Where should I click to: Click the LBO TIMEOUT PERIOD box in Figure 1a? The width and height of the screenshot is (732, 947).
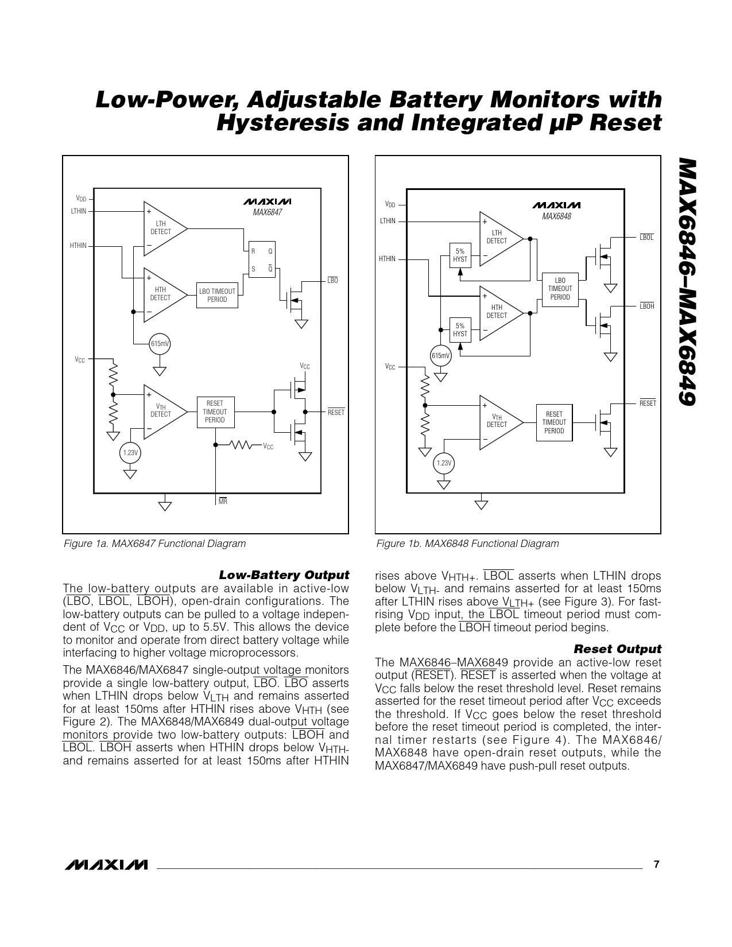pyautogui.click(x=217, y=295)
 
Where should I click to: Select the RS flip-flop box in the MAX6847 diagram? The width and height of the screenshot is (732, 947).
pyautogui.click(x=261, y=259)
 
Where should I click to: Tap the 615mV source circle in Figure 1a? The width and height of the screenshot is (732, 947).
pyautogui.click(x=160, y=344)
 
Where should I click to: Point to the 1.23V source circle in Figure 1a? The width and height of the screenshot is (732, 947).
pyautogui.click(x=130, y=453)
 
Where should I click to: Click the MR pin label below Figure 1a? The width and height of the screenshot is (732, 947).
pyautogui.click(x=223, y=502)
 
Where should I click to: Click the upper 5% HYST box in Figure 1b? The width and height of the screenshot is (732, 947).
pyautogui.click(x=460, y=255)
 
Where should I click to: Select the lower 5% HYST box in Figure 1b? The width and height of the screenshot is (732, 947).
pyautogui.click(x=460, y=330)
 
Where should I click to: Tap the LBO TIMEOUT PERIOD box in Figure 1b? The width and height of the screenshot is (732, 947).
pyautogui.click(x=560, y=289)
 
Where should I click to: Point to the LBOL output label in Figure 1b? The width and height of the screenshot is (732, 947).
pyautogui.click(x=646, y=238)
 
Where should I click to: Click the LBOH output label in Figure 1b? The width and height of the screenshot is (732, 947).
pyautogui.click(x=647, y=306)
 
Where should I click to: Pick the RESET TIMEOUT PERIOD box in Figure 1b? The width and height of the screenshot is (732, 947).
pyautogui.click(x=554, y=422)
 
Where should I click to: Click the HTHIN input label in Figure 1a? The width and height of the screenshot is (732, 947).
pyautogui.click(x=78, y=246)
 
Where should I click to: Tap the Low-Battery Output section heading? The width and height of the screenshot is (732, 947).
pyautogui.click(x=284, y=575)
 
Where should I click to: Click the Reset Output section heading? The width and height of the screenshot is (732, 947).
pyautogui.click(x=617, y=649)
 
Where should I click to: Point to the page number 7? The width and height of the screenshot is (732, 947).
pyautogui.click(x=657, y=864)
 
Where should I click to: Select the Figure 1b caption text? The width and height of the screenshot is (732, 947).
pyautogui.click(x=467, y=544)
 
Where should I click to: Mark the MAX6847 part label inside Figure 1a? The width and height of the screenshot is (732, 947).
pyautogui.click(x=268, y=212)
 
